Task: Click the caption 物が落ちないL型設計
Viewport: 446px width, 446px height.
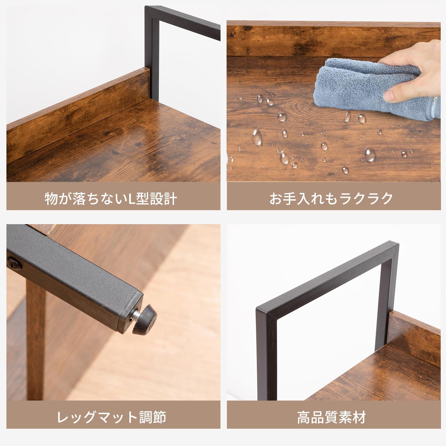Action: (x=111, y=198)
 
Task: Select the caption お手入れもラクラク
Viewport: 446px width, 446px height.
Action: (x=331, y=198)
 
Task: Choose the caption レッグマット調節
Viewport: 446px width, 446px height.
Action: (x=112, y=417)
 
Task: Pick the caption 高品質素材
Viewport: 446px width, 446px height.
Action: (x=331, y=417)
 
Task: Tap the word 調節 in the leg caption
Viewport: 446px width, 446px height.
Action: (x=152, y=417)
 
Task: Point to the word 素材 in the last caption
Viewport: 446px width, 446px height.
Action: (x=352, y=417)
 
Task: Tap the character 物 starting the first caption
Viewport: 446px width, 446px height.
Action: (x=52, y=198)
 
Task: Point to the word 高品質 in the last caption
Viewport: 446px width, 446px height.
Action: (x=317, y=417)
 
